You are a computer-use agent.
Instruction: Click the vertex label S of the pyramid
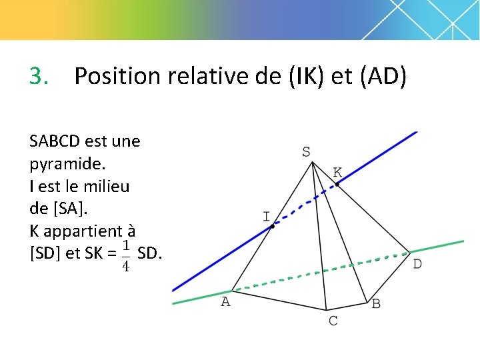pos(306,152)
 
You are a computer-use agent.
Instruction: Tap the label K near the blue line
pos(338,172)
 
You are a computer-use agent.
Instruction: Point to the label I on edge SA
pos(266,217)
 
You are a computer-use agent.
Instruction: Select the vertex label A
pos(225,302)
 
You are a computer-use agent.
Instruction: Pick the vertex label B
pos(376,304)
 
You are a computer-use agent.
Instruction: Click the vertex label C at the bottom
pos(333,321)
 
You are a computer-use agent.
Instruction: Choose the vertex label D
pos(417,265)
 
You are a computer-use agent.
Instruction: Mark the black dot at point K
pos(337,184)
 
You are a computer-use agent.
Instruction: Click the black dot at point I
pos(272,227)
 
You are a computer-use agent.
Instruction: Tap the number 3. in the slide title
pos(39,77)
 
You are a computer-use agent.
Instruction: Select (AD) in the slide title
pos(383,77)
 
